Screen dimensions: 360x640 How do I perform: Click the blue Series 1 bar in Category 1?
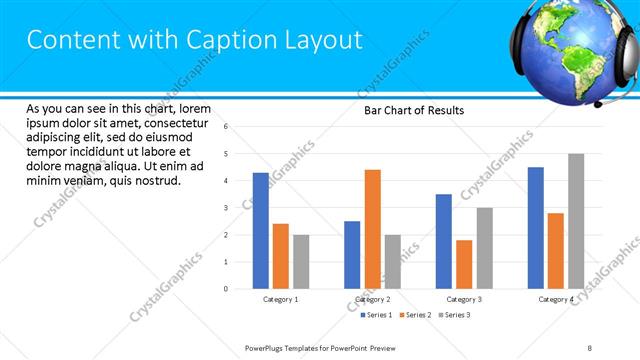260,231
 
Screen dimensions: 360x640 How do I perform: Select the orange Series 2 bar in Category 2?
372,229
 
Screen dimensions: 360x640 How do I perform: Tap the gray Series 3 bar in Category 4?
576,221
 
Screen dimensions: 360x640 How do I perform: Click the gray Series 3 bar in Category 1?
301,262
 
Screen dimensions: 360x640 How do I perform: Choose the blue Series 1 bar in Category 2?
352,255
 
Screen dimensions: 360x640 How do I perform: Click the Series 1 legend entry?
376,315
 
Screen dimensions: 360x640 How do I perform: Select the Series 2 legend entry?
415,315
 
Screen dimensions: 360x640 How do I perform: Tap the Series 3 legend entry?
454,315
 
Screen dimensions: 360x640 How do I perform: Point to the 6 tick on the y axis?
226,127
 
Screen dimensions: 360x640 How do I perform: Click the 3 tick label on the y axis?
226,208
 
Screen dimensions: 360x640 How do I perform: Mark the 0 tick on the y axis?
226,289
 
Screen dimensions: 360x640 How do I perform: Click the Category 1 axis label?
280,299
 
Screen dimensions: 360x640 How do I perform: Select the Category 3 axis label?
464,299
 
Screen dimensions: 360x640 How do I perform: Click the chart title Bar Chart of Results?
413,110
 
